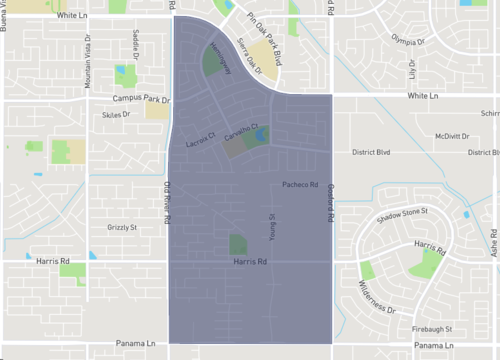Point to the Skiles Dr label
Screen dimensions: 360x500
pos(117,114)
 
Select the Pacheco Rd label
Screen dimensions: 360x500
pos(299,185)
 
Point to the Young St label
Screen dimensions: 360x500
pos(270,227)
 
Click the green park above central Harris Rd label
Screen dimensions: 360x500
pos(238,244)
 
